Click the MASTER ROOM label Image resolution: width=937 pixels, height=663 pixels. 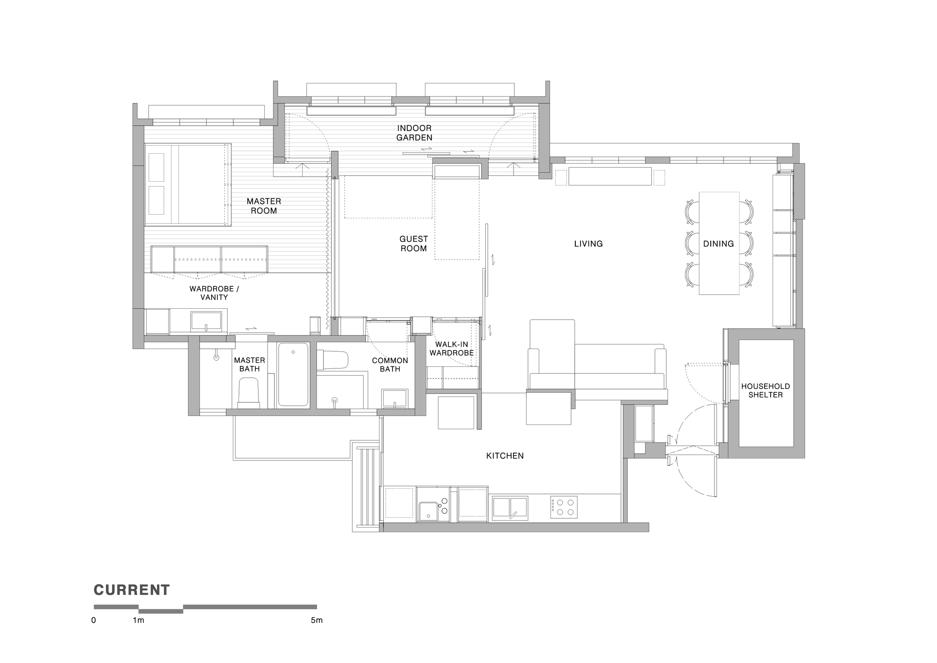264,206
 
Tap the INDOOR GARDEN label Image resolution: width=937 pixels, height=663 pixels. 414,133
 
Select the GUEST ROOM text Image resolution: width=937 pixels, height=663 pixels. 413,244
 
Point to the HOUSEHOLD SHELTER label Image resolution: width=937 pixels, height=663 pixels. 765,391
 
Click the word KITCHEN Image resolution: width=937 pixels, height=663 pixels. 505,456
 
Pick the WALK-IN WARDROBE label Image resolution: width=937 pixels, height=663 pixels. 452,349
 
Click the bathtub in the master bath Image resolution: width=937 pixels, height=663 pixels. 293,374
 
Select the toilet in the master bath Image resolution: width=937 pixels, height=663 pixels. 249,393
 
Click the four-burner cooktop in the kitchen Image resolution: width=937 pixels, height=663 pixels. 564,507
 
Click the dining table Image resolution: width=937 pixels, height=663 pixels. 719,244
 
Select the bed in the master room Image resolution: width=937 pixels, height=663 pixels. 188,185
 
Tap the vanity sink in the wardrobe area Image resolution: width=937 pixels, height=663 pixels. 206,321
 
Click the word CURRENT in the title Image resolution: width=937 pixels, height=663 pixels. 132,590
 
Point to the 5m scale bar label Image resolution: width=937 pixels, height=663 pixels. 316,620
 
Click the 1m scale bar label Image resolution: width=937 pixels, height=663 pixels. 138,620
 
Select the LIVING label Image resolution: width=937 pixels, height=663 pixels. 588,244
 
